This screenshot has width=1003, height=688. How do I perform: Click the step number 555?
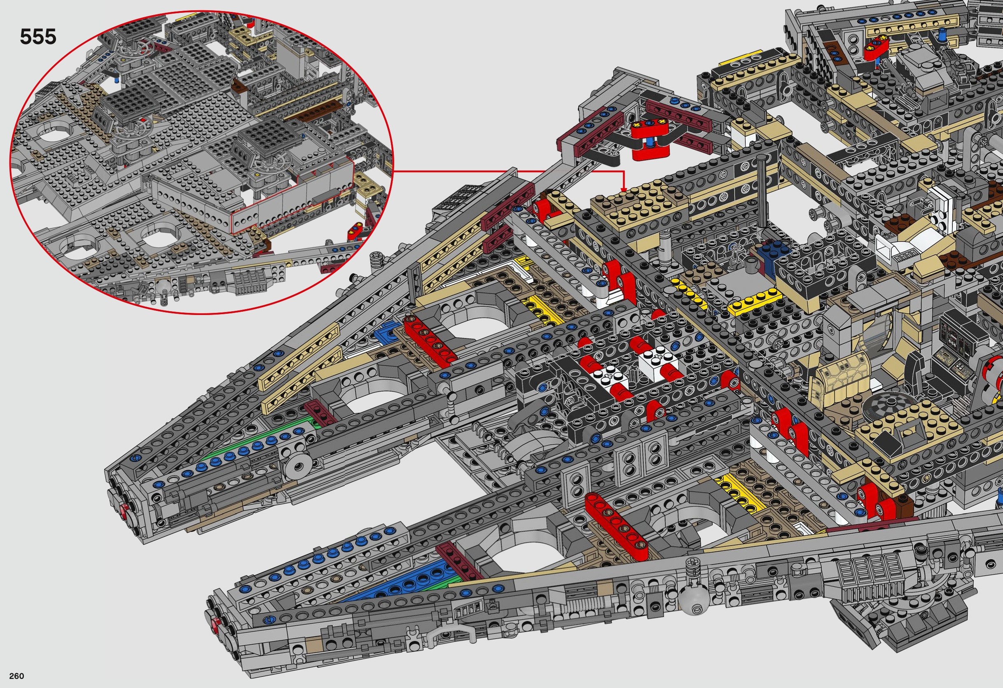point(38,37)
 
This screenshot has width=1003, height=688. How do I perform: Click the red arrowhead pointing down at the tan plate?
point(623,189)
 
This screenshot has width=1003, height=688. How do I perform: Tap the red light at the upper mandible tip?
point(124,512)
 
